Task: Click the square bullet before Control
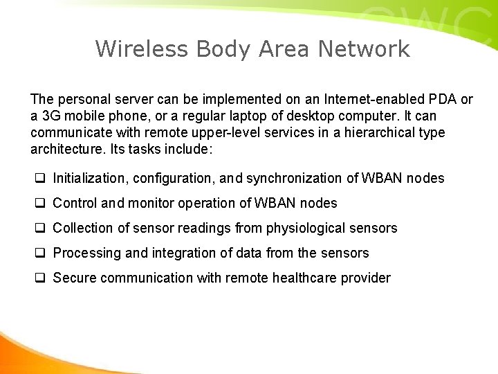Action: coord(40,203)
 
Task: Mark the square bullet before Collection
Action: coord(40,228)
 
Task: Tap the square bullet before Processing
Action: coord(40,253)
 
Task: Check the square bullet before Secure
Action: coord(40,278)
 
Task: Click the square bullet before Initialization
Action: coord(40,178)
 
